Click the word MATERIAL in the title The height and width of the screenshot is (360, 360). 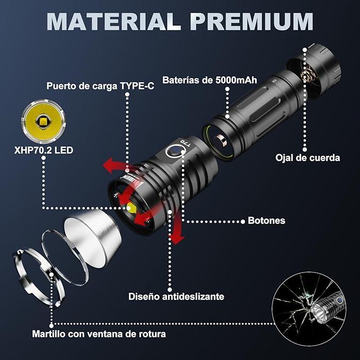click(x=114, y=22)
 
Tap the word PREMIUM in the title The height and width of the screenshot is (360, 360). click(x=252, y=22)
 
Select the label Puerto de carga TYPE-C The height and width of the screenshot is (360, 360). click(x=100, y=86)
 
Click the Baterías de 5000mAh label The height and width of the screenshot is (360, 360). click(x=209, y=80)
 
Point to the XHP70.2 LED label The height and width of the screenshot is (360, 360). click(x=43, y=150)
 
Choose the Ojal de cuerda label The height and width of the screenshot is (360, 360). click(x=308, y=158)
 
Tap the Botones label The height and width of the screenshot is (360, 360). click(x=266, y=221)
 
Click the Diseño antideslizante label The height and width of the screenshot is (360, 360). click(x=176, y=296)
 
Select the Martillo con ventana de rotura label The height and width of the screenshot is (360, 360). click(x=99, y=334)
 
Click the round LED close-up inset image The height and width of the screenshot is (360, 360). click(x=43, y=121)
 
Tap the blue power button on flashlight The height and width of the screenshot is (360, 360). click(x=175, y=151)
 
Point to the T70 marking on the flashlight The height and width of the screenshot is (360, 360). click(x=186, y=143)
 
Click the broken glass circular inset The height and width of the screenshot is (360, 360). click(x=309, y=309)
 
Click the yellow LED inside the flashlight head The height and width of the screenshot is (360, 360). click(x=131, y=208)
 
